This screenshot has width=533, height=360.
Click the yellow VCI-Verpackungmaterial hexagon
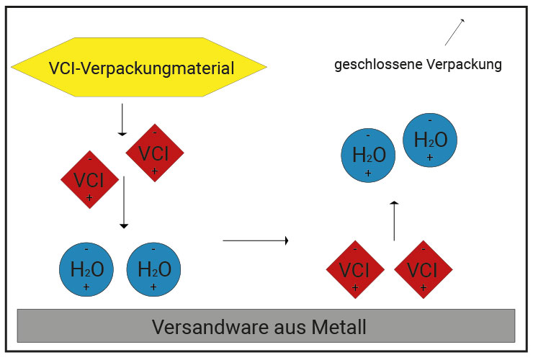[x=139, y=68]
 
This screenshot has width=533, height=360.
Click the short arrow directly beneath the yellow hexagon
[x=122, y=120]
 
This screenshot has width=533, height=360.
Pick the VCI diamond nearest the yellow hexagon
[x=154, y=153]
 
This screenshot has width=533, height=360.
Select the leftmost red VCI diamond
[x=89, y=179]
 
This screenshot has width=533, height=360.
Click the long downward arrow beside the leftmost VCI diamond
[x=124, y=202]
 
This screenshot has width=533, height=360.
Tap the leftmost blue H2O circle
[x=86, y=269]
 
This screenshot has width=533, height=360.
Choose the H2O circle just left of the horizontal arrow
[x=154, y=269]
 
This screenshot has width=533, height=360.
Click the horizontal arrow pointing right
[x=256, y=240]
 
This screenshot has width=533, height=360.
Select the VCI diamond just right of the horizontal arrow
[x=355, y=269]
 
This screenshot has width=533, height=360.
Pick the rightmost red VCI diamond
[x=423, y=269]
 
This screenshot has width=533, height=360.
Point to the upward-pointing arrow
[x=394, y=221]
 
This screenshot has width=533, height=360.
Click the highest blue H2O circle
[x=431, y=140]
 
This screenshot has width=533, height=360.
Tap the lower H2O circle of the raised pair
[x=368, y=154]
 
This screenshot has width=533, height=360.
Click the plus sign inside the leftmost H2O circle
[x=86, y=287]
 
